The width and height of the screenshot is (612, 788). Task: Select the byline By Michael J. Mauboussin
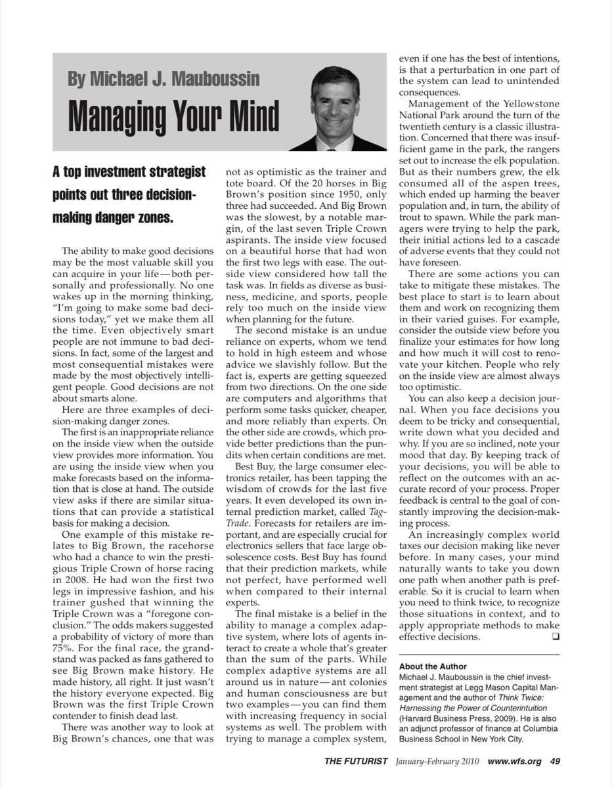coord(164,79)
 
